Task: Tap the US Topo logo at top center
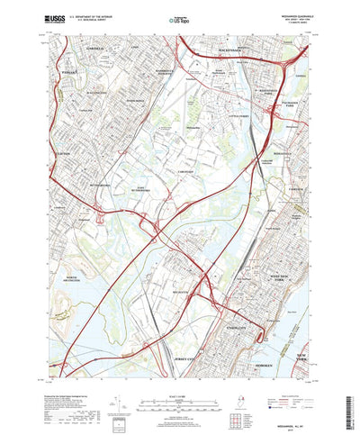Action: click(179, 18)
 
